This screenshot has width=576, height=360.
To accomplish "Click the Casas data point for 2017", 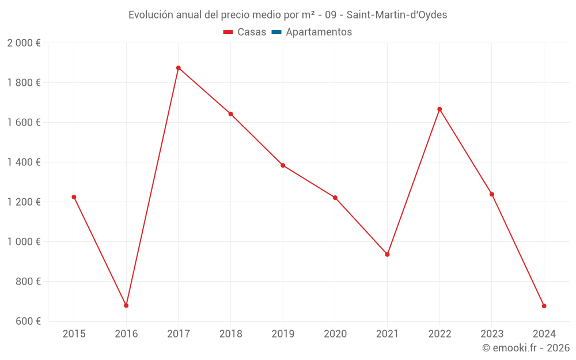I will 179,68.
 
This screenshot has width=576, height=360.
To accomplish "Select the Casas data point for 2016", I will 126,305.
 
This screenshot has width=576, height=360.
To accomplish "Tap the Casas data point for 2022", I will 439,109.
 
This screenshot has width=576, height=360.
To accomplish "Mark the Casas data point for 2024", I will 544,306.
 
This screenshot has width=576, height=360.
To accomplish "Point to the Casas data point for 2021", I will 387,255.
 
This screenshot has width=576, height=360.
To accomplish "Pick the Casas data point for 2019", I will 283,165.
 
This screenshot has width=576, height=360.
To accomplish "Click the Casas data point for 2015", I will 74,197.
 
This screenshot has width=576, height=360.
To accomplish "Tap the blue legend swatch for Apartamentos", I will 276,32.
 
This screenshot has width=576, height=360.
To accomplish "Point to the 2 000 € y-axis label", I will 24,43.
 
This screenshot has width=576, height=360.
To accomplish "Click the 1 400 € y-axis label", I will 24,162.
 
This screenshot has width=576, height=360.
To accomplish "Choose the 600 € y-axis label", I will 29,321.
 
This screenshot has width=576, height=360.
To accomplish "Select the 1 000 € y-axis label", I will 24,242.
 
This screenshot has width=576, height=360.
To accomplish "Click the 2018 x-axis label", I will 230,334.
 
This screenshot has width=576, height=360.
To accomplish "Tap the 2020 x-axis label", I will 335,334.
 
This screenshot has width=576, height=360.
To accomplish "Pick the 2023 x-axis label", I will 492,334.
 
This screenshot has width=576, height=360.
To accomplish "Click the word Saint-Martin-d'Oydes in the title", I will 396,15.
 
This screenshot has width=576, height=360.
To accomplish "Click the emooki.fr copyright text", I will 526,348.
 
